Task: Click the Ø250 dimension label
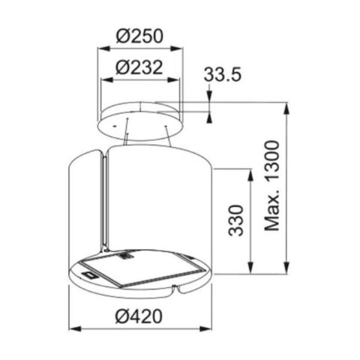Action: (139, 36)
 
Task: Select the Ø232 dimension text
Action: (139, 67)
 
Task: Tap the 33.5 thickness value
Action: (223, 74)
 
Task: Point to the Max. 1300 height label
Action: (271, 186)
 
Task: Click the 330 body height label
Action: (235, 220)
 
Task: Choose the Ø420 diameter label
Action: (139, 316)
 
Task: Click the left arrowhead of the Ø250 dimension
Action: (103, 49)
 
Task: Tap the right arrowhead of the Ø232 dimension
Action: (173, 80)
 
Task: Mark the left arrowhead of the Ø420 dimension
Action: (75, 328)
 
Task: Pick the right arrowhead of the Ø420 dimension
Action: (205, 328)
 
